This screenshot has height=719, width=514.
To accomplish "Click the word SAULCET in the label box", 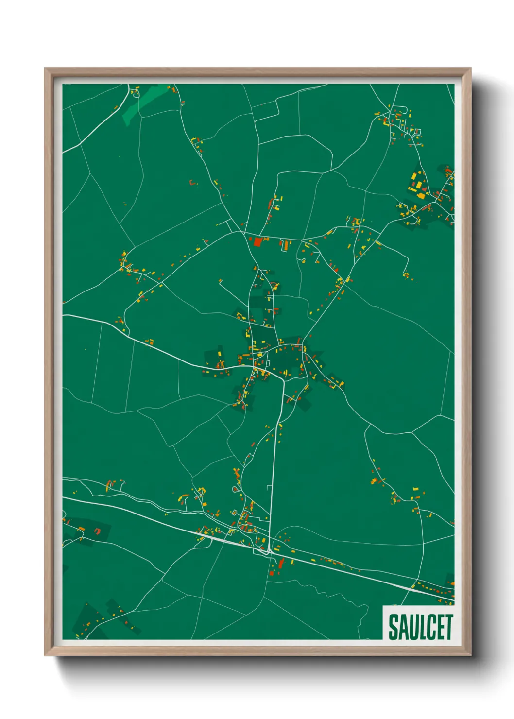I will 420,627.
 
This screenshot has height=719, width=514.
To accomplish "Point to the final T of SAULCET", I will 448,627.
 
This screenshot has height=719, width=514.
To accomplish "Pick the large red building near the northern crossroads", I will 257,241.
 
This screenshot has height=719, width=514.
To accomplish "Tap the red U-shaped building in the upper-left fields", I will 193,183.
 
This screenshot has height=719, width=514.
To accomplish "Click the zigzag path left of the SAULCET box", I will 335,595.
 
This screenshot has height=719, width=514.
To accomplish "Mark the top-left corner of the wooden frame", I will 45,68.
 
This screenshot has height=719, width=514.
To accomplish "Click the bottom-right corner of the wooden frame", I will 470,655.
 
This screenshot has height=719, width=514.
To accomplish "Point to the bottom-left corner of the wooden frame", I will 45,655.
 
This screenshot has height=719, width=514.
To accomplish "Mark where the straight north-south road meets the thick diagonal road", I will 269,552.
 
